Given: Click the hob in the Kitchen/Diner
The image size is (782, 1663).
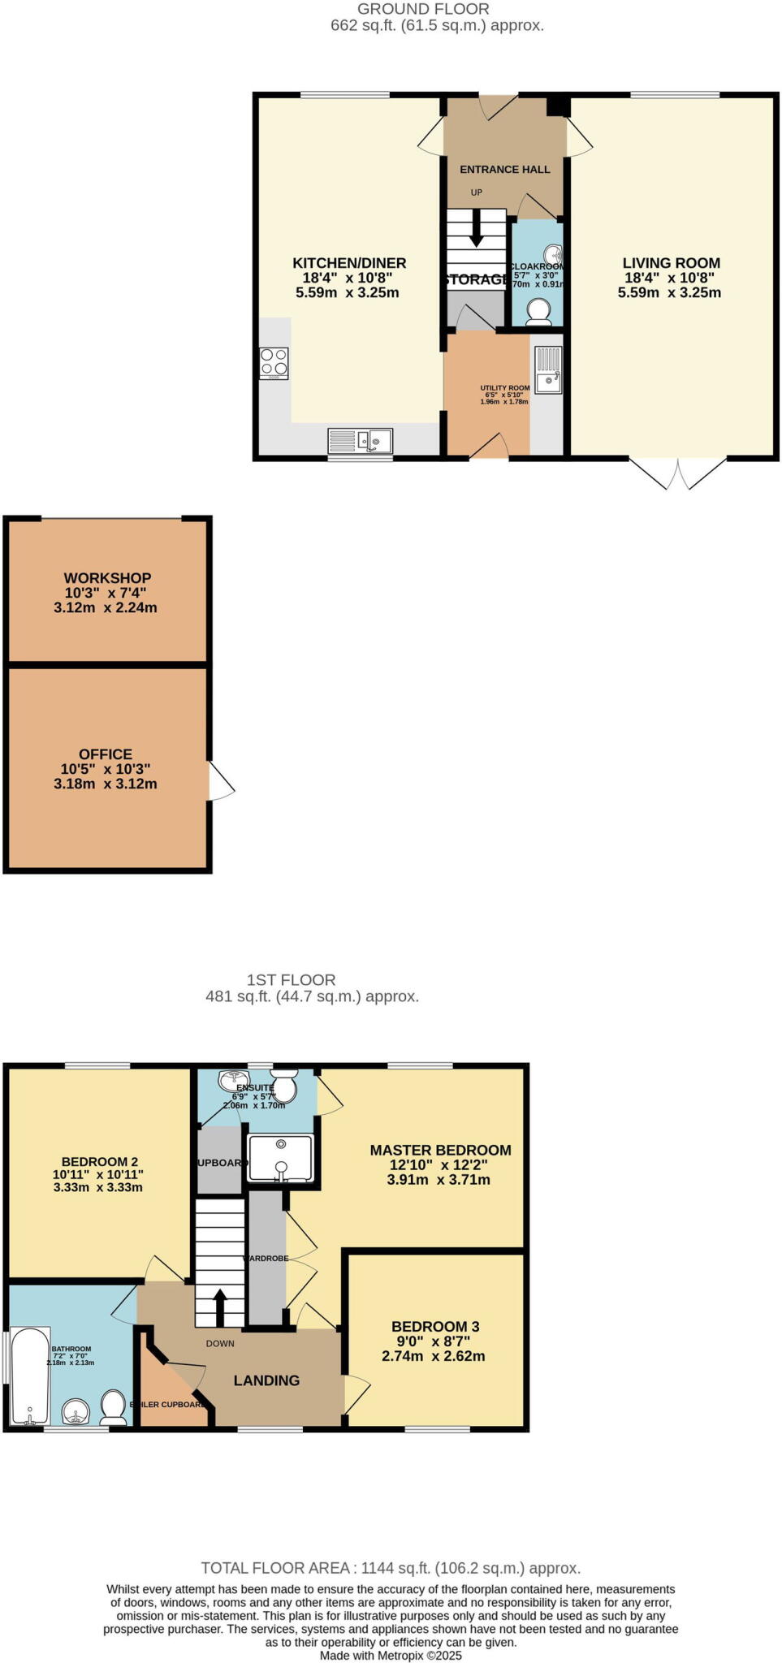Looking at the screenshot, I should point(274,363).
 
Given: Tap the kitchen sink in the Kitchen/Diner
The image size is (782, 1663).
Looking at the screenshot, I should point(360,441).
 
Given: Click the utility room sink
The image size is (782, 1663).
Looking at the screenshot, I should point(548,370).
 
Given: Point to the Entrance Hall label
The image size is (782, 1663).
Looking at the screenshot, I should point(504,170).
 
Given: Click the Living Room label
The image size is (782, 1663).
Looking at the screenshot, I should point(671,263).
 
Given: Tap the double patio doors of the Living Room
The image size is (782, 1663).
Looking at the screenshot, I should point(677,473).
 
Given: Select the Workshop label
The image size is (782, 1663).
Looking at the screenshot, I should point(107,578).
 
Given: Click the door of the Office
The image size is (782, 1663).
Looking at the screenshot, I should point(221,781).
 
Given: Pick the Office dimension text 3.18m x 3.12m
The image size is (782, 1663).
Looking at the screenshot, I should point(106,784).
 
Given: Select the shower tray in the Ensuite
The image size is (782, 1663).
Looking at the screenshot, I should point(280,1158).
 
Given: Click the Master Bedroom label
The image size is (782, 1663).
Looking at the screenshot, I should point(440,1151).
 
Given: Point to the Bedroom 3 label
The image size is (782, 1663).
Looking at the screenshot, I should point(434,1327).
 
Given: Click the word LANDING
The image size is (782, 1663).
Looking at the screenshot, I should point(266,1380).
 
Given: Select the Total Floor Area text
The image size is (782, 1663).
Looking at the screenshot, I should point(391,1569).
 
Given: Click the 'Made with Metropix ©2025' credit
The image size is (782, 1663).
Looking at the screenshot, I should point(391,1655).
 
